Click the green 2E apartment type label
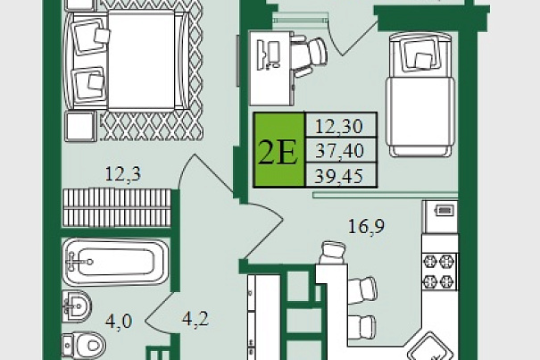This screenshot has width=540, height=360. coord(279,150)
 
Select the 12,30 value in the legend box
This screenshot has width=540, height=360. coord(339,126)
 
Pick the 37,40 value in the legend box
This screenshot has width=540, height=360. coord(339,151)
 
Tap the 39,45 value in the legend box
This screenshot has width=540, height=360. coord(339,176)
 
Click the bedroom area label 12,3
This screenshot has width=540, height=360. coord(122,174)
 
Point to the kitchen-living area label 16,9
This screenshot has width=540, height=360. coord(367,226)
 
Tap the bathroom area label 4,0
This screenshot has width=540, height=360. coord(119,322)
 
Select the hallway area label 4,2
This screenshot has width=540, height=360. coord(195,319)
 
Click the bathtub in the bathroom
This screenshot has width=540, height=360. coord(116,262)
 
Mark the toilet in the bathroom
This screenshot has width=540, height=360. coord(84,345)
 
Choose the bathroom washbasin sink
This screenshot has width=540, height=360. coord(77,306)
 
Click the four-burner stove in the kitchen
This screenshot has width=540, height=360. coord(440,272)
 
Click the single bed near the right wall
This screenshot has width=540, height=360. coord(420,94)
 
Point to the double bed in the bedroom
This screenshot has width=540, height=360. coord(127,61)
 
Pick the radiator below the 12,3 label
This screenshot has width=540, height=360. coord(117,207)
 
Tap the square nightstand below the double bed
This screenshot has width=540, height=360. coord(80,126)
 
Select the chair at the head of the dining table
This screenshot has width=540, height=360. coord(332,253)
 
